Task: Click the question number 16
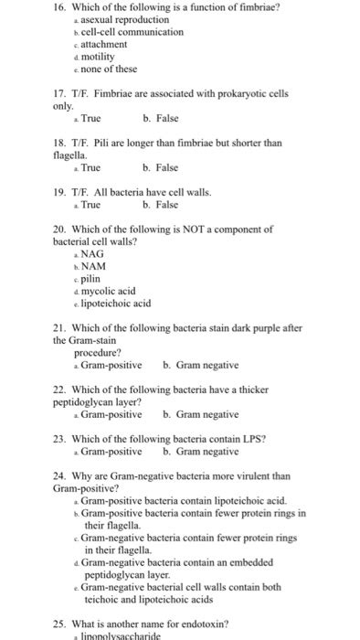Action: click(x=60, y=7)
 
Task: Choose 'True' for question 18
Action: click(x=90, y=167)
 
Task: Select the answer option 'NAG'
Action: click(x=91, y=253)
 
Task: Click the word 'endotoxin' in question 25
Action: click(x=196, y=624)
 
